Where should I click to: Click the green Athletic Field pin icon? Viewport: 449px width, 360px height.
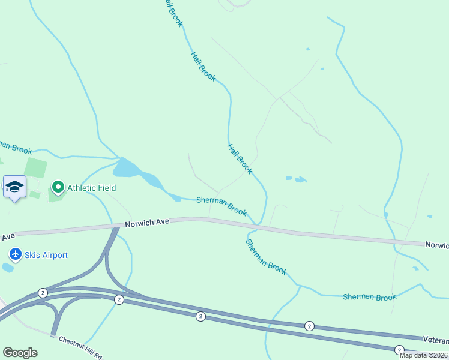[x=58, y=188]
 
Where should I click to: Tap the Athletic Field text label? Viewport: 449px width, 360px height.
[x=91, y=188]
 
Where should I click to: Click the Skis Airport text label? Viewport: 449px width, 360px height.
[x=46, y=255]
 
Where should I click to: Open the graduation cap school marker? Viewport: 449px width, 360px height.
[x=14, y=187]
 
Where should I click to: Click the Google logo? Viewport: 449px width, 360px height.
[x=20, y=353]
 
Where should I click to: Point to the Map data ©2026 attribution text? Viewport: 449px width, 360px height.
[x=423, y=355]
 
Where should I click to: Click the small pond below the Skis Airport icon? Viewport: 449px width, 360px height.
[x=7, y=268]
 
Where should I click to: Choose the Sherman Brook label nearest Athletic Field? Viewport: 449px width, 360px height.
[x=221, y=206]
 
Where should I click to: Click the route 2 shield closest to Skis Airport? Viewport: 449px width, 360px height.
[x=43, y=293]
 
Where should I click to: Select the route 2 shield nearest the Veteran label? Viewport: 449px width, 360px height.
[x=399, y=350]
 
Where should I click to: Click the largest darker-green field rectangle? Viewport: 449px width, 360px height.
[x=36, y=168]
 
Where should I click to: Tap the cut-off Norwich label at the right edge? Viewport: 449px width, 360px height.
[x=437, y=245]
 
